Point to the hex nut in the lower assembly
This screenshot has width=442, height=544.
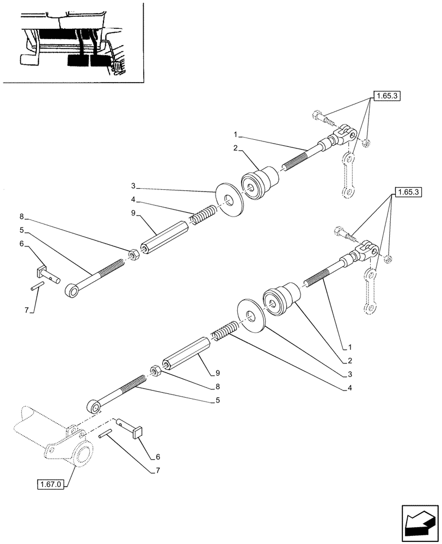(x=154, y=370)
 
